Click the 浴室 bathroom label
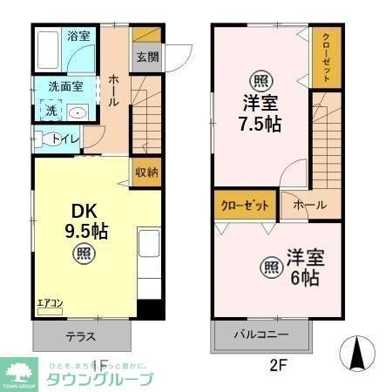[79, 37]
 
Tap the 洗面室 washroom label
[65, 87]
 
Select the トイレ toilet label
[66, 139]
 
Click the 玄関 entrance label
[147, 57]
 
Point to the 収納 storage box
[146, 171]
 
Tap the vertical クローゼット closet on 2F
[326, 57]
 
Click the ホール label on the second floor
[310, 205]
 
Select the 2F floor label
[277, 366]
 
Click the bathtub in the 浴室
[51, 52]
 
